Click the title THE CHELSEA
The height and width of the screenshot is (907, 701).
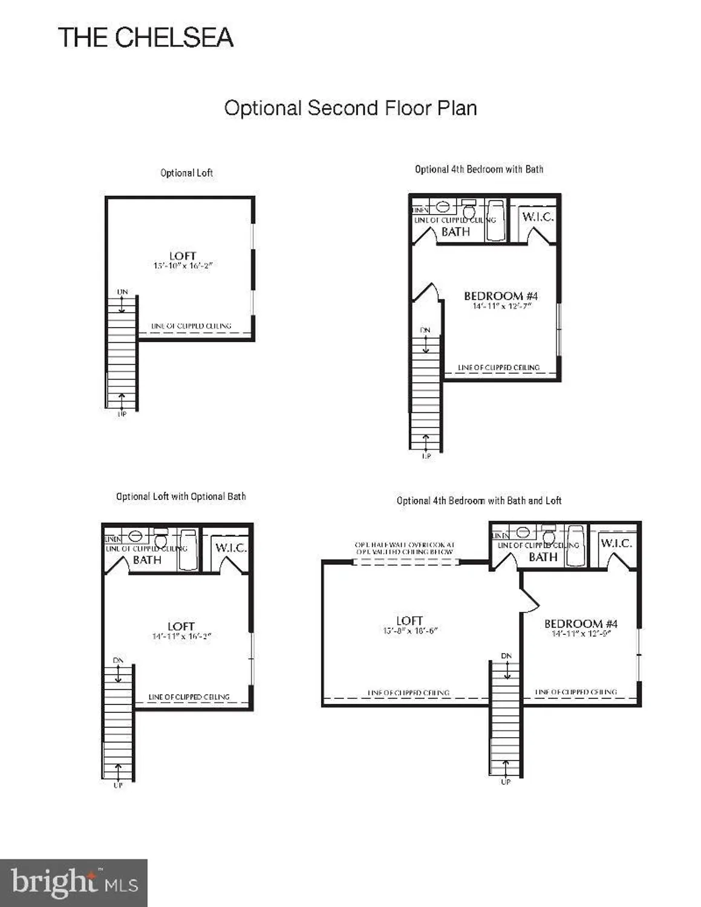click(145, 37)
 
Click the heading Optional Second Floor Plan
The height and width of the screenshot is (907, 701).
click(350, 108)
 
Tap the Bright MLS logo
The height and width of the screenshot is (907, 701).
click(74, 883)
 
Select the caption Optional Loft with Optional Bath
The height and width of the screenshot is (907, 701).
click(181, 496)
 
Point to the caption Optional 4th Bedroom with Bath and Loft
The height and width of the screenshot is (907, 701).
click(478, 501)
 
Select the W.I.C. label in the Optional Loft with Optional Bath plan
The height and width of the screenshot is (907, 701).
click(230, 548)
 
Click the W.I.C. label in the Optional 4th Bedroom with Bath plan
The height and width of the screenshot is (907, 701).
click(537, 217)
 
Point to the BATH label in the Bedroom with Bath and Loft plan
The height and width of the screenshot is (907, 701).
click(543, 557)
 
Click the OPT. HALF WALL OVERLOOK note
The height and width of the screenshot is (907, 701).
click(405, 548)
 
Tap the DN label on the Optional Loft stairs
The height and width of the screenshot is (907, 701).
click(122, 292)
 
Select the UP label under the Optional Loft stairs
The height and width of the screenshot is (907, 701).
click(122, 414)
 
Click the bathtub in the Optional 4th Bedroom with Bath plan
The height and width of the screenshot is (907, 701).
click(495, 220)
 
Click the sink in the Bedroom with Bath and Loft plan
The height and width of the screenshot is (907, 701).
click(523, 533)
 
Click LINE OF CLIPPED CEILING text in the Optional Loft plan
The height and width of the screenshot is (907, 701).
click(191, 326)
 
